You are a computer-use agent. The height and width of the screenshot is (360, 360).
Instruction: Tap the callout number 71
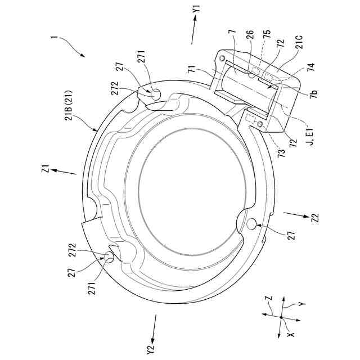(x=192, y=68)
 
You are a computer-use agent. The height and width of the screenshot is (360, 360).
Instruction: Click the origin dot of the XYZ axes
(x=281, y=318)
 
